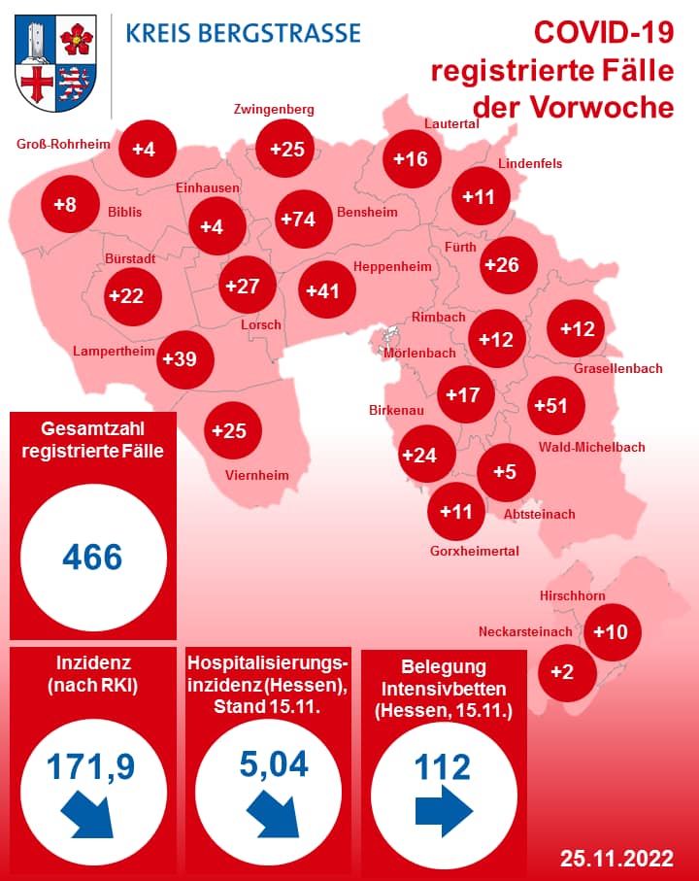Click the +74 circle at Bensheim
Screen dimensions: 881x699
(298, 219)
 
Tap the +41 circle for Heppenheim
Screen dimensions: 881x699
(323, 290)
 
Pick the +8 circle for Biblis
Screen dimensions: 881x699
(66, 205)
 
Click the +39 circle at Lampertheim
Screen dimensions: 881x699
(181, 359)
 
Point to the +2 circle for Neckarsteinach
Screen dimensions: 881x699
(562, 671)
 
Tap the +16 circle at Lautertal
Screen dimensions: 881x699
(411, 158)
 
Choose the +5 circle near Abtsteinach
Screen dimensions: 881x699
(505, 471)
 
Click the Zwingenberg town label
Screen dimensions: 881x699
(274, 109)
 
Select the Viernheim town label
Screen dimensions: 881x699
(257, 475)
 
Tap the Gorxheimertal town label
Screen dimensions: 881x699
(475, 550)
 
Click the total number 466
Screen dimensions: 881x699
(92, 558)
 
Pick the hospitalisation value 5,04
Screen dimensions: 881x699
(274, 763)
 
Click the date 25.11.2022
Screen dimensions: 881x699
(616, 858)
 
